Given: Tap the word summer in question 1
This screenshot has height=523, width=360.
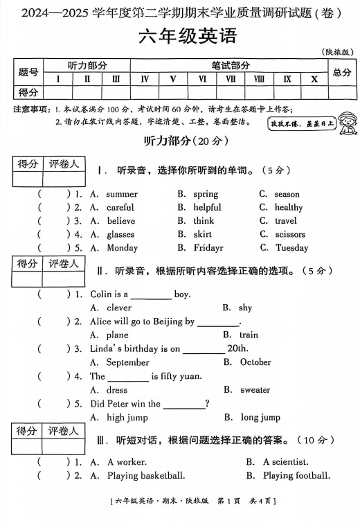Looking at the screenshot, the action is (x=123, y=194).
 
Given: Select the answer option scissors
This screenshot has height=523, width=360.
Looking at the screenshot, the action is (x=290, y=234).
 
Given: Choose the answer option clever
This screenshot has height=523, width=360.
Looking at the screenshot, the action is (x=119, y=308).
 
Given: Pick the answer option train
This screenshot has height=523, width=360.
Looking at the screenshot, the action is (x=249, y=335).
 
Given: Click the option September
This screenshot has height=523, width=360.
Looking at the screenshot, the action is (x=128, y=362).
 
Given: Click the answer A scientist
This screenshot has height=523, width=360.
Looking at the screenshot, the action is (x=286, y=462).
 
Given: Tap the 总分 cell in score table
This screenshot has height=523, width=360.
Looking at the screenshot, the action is (x=342, y=72).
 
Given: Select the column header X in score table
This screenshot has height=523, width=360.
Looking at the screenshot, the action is (x=314, y=79).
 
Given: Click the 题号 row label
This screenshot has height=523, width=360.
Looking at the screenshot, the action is (x=28, y=72).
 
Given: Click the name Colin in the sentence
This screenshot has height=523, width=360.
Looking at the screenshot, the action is (x=101, y=294).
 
